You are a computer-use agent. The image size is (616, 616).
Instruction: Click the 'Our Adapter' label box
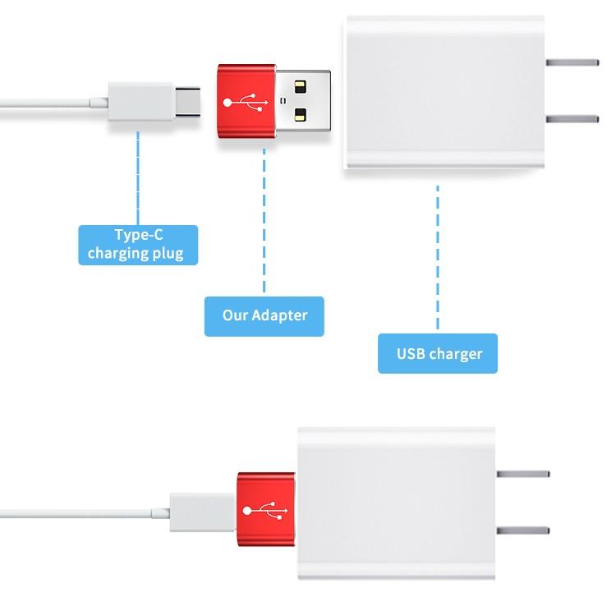tap(264, 315)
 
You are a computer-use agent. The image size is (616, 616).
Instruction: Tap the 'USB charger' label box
tap(438, 354)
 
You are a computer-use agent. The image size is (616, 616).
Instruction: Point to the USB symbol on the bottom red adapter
tap(265, 509)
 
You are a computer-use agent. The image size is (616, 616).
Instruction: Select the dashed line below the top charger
tap(438, 255)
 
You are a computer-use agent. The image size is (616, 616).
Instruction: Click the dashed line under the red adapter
tap(264, 222)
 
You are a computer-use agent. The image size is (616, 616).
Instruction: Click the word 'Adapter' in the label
tap(280, 315)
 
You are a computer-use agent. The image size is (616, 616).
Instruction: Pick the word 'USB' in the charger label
tap(411, 354)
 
